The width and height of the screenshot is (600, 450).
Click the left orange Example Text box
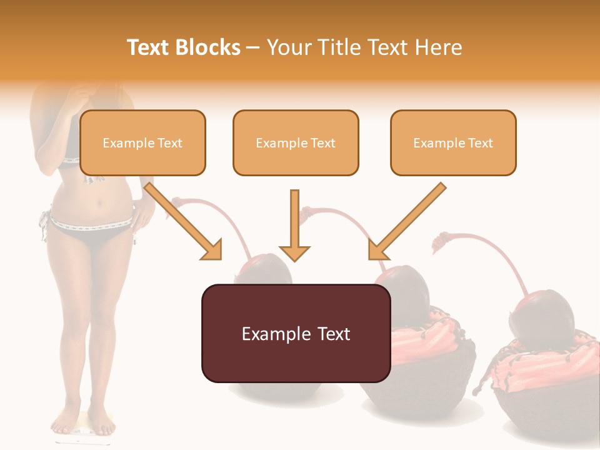coord(142,143)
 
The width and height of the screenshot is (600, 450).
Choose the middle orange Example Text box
coord(296,143)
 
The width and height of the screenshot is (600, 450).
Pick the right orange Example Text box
coord(453,143)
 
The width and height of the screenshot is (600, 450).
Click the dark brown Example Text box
coord(296,334)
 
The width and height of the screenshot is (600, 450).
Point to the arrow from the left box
coord(184,222)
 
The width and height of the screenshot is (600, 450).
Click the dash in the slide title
coord(254,47)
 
